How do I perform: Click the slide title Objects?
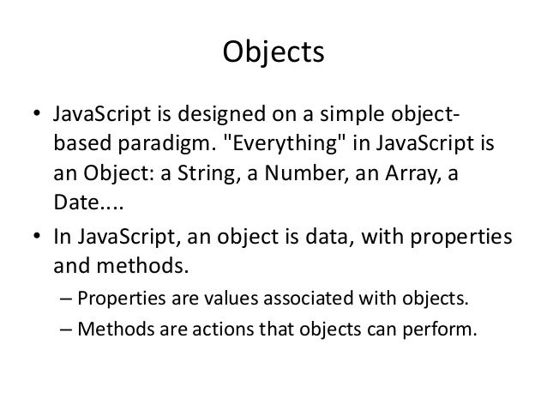pyautogui.click(x=273, y=53)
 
